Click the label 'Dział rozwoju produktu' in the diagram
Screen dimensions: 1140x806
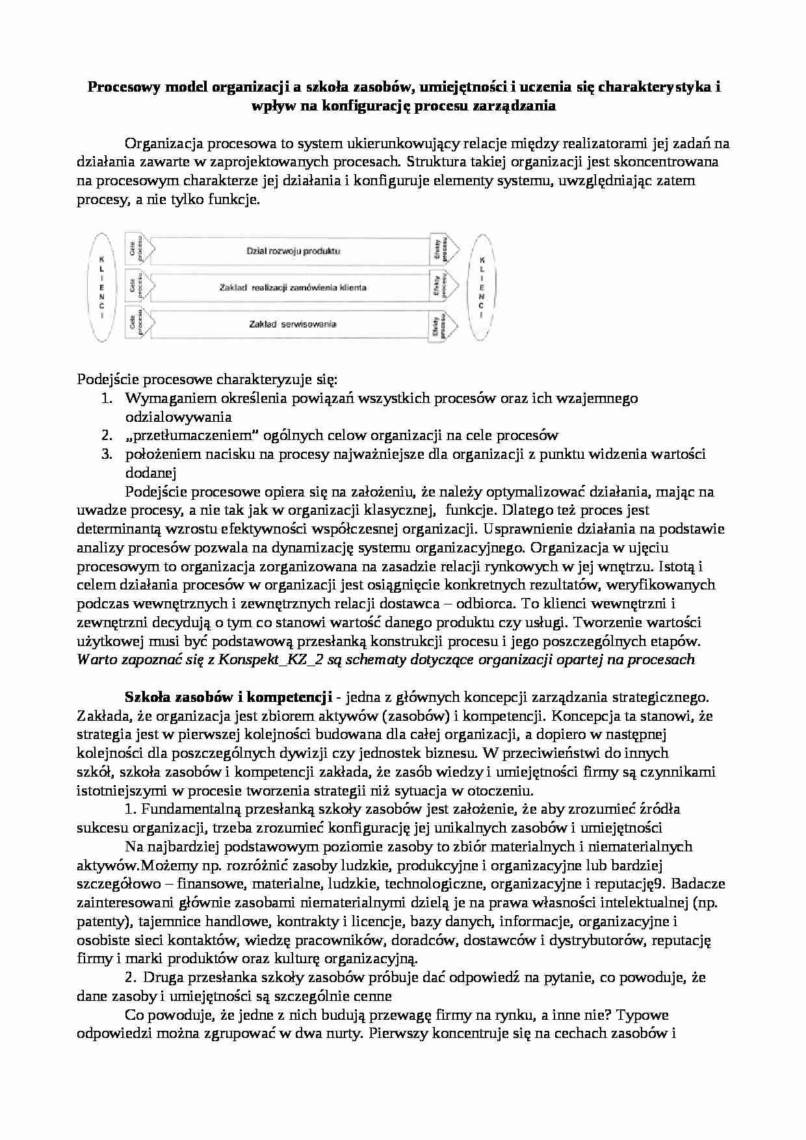[293, 250]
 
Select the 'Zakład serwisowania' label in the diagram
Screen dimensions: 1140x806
[292, 324]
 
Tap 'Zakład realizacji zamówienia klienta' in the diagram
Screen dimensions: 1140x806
[292, 287]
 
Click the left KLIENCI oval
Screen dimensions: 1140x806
[101, 287]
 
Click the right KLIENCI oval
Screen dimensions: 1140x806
[481, 287]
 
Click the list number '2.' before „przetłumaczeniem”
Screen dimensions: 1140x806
[107, 435]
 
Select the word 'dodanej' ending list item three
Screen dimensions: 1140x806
[150, 473]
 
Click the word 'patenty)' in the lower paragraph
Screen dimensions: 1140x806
[100, 921]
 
